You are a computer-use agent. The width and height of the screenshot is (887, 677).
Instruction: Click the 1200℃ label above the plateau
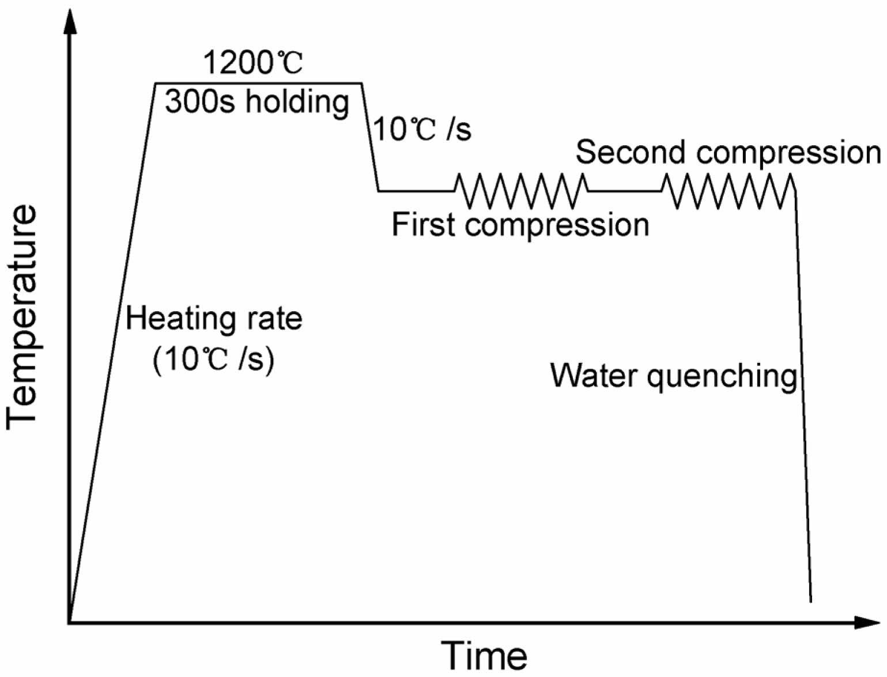pos(253,63)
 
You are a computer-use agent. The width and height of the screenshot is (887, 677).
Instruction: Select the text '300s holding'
pos(257,102)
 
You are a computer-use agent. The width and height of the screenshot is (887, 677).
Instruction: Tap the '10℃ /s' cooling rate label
pos(422,129)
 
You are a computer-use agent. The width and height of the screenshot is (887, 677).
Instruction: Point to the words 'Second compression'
pos(728,153)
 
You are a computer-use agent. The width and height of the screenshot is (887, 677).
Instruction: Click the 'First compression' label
pos(520,225)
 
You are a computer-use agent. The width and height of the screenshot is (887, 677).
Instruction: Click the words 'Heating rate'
pos(214,319)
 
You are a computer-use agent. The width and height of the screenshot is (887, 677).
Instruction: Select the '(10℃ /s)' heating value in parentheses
pos(213,360)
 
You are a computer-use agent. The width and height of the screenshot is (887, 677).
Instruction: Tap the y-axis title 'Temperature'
pos(22,318)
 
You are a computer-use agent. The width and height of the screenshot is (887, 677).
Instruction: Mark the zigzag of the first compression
pos(521,191)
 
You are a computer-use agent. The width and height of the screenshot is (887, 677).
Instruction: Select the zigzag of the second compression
pos(729,191)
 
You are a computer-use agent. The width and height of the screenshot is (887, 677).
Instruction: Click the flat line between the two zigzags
pos(625,191)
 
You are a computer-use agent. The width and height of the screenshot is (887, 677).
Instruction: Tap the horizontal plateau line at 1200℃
pos(258,84)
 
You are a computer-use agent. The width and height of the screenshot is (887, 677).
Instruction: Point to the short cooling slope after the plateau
pos(370,137)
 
